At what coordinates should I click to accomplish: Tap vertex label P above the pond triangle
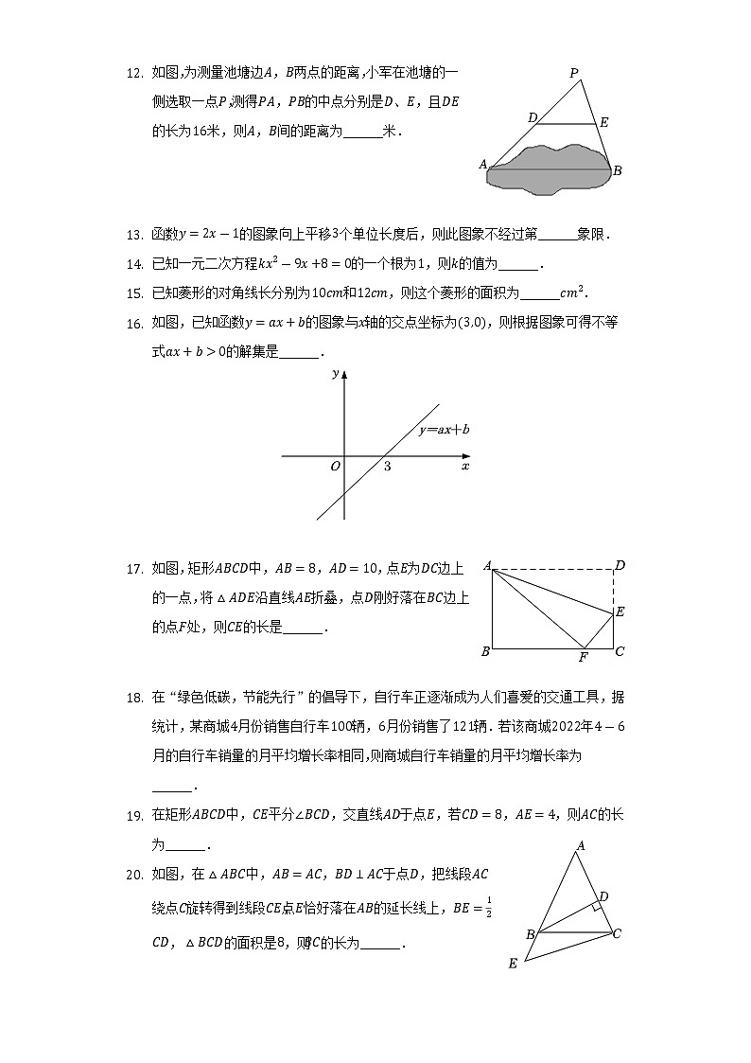[573, 73]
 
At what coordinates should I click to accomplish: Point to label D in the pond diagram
[533, 117]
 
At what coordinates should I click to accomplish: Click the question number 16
[133, 323]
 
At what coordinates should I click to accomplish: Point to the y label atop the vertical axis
[336, 374]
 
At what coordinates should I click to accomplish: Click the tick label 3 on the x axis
[387, 467]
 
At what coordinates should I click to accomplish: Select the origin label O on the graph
[335, 467]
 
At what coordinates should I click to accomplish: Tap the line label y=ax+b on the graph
[444, 430]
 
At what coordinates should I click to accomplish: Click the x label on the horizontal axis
[464, 467]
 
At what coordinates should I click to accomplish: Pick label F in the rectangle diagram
[583, 657]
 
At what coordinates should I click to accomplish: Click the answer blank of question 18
[171, 787]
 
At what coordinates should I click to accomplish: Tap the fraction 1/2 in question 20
[488, 906]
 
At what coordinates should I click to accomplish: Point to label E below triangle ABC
[512, 964]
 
